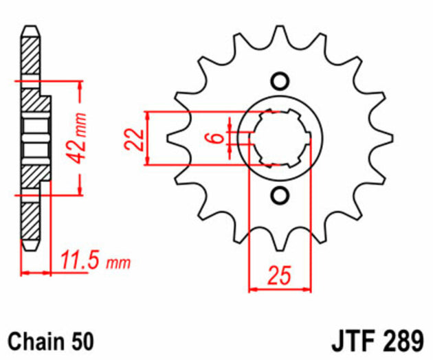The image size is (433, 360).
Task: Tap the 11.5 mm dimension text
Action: pos(96,260)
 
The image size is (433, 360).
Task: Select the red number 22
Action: pos(134,139)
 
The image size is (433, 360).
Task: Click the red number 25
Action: pos(280,275)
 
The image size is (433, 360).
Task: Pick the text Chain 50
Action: pos(51,341)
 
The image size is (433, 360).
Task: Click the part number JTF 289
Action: pos(377,341)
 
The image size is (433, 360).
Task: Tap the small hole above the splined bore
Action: pos(280,81)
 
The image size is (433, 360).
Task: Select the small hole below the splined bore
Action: pos(280,196)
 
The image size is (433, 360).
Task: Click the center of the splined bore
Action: pos(280,139)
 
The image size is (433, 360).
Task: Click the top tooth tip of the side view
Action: pos(31,26)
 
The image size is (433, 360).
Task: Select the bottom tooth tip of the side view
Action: pos(31,251)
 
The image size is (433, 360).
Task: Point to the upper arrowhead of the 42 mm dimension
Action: pos(80,86)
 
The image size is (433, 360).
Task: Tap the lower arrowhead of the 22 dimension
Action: pos(148,161)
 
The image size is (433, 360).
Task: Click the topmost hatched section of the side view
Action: pos(30,56)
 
